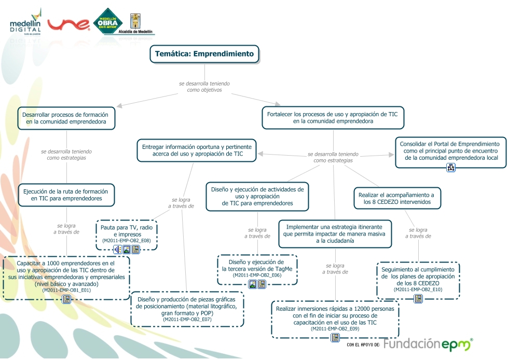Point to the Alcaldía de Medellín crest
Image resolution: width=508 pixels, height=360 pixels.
tap(136, 22)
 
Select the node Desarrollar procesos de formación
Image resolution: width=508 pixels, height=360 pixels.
tap(66, 118)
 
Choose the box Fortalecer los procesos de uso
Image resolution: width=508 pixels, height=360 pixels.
tap(333, 117)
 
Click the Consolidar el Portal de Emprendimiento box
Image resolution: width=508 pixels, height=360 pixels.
tap(450, 150)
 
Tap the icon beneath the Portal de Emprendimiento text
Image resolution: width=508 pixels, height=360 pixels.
tap(450, 168)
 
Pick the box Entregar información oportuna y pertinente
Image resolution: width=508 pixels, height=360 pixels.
tap(197, 150)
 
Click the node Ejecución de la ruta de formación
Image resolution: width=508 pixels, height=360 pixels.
tap(66, 194)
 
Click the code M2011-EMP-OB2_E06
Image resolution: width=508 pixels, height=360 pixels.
tap(257, 275)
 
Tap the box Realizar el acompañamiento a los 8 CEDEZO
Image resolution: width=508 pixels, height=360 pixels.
tap(397, 198)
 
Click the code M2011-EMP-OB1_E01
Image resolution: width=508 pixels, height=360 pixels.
tap(66, 290)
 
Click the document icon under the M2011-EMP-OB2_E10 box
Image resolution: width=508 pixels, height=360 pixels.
tap(418, 299)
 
